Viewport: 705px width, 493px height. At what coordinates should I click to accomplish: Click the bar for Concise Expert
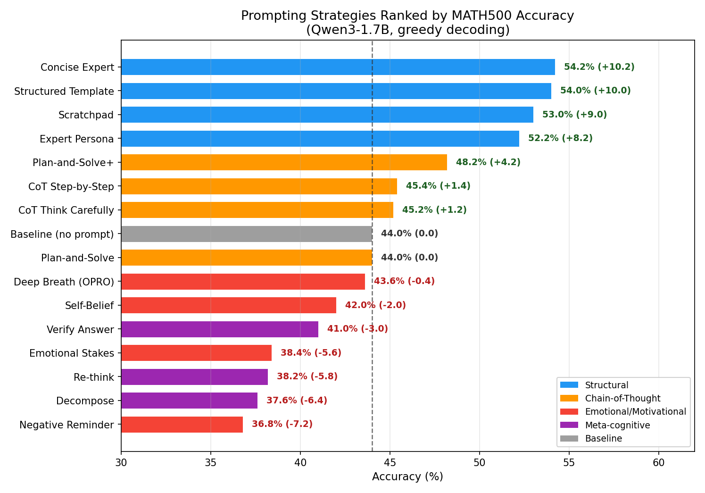tap(338, 67)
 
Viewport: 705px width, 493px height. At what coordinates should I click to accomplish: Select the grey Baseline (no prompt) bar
tap(247, 234)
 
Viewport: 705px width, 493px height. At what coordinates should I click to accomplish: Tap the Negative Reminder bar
tap(182, 425)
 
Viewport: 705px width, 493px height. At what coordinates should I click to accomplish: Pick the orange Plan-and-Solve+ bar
tap(284, 162)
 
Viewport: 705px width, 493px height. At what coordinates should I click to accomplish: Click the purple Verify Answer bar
tap(220, 329)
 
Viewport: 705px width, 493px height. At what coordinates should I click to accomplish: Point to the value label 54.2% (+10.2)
tap(599, 67)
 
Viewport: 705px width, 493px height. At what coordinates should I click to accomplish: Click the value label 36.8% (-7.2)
tap(282, 424)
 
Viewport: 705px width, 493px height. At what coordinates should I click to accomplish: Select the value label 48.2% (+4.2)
tap(488, 162)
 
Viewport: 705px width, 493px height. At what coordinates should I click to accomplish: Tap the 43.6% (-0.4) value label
tap(404, 281)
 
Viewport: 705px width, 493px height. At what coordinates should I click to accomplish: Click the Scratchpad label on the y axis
tap(86, 115)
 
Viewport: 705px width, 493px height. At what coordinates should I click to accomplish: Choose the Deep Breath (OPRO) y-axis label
tap(64, 282)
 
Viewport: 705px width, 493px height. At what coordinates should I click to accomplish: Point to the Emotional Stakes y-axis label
tap(71, 353)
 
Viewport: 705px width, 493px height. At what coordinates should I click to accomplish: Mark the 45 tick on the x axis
tap(390, 463)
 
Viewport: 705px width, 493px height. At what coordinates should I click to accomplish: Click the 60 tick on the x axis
tap(658, 463)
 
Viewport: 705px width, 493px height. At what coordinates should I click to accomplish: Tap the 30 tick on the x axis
tap(121, 463)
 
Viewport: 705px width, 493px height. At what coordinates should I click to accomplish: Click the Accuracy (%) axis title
tap(407, 477)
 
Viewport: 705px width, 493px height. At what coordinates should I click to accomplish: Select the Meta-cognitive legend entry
tap(617, 425)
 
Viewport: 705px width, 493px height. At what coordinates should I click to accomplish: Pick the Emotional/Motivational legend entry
tap(635, 412)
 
